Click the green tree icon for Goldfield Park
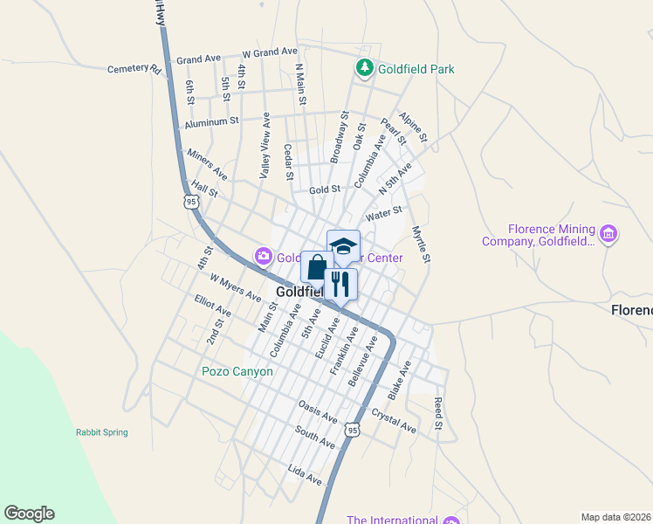coord(364,67)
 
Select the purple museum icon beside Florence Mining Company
coord(609,233)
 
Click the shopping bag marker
coord(317,266)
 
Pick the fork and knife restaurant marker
coord(340,283)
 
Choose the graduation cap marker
coord(343,245)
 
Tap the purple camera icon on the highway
coord(263,256)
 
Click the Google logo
coord(29,514)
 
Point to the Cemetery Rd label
coord(134,69)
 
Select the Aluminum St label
coord(210,122)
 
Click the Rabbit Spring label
coord(101,432)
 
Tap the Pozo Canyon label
coord(237,371)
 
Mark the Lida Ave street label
coord(305,476)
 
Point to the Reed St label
coord(438,413)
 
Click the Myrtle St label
coord(421,244)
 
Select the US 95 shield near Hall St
coord(191,201)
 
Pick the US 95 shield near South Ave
coord(352,430)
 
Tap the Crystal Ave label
coord(394,419)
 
